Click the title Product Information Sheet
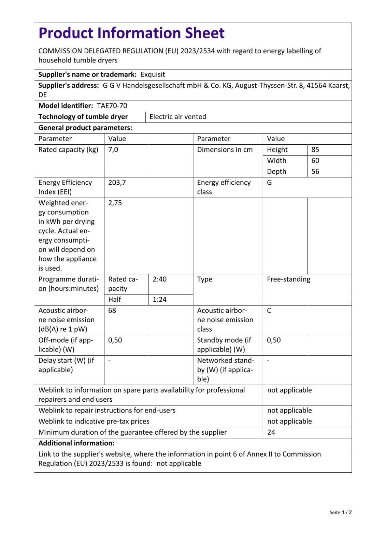tap(131, 33)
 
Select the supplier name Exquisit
tap(153, 75)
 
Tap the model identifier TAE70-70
tap(112, 106)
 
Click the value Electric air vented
tap(178, 117)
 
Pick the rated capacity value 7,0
tap(113, 150)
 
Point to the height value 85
tap(315, 150)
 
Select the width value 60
tap(315, 161)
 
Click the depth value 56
tap(315, 172)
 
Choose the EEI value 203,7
tap(117, 183)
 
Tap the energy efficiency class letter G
tap(269, 183)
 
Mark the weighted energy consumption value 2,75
tap(115, 203)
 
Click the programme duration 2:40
tap(159, 279)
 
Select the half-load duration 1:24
tap(159, 300)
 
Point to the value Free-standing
tap(288, 279)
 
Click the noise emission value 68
tap(112, 311)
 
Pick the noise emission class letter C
tap(269, 311)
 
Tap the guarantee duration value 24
tap(271, 432)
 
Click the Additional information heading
tap(76, 443)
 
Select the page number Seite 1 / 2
tap(341, 512)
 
